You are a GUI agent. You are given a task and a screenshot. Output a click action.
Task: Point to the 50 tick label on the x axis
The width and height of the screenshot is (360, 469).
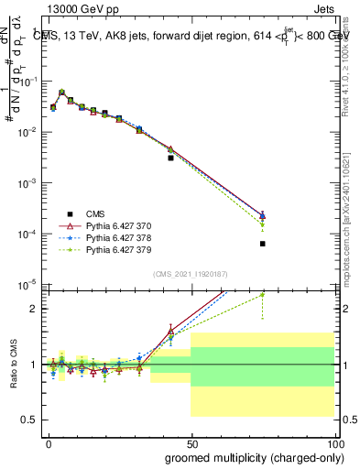191,443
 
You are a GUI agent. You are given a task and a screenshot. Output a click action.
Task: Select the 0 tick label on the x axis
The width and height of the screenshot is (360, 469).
49,443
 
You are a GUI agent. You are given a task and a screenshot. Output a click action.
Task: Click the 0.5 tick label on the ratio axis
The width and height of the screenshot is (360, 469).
29,420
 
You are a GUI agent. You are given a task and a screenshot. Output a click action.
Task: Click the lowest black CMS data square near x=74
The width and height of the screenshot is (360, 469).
262,244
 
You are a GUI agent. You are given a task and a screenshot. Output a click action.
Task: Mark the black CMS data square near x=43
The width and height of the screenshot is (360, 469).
170,158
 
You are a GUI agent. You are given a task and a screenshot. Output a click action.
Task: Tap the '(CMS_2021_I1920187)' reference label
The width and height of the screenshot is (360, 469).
190,274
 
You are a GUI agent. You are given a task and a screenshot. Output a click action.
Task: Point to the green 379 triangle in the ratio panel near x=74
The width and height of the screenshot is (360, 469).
262,295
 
